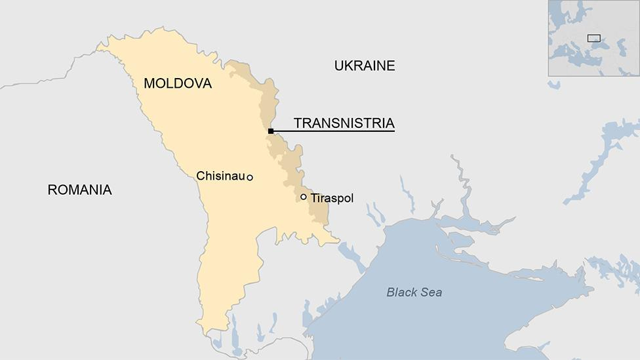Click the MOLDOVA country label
(x=178, y=84)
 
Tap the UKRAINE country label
(x=365, y=66)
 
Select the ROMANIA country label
(x=79, y=190)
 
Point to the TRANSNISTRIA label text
(x=344, y=123)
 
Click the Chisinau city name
(x=220, y=176)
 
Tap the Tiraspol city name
(x=332, y=198)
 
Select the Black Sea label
(x=414, y=292)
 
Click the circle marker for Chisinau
(x=250, y=178)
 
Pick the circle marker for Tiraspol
(x=304, y=197)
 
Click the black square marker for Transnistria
(x=271, y=131)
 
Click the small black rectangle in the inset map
(x=593, y=38)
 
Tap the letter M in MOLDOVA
(x=150, y=84)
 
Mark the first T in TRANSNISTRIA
(x=298, y=123)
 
